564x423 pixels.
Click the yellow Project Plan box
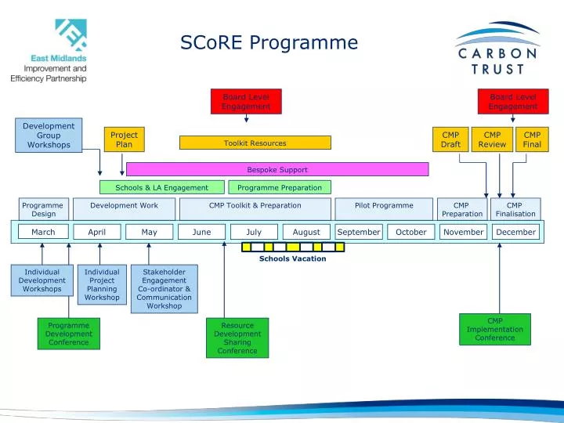(124, 139)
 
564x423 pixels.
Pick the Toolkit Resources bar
(255, 143)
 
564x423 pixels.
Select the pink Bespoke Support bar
(277, 169)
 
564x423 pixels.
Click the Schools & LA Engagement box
(161, 187)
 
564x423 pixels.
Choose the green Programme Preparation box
(280, 187)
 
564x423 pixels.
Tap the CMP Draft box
(450, 139)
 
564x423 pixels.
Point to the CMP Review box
(492, 139)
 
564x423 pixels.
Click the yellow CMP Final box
(532, 139)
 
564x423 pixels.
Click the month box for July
(254, 232)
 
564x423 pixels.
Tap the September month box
(358, 232)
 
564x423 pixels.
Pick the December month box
(515, 232)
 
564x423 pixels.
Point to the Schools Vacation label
(292, 258)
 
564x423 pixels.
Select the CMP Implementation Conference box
(494, 329)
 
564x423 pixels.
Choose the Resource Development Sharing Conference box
(237, 338)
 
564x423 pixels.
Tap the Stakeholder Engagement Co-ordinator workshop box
(164, 288)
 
